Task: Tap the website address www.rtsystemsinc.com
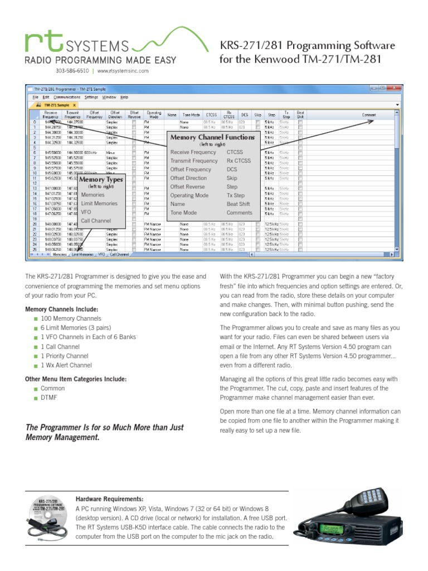click(x=123, y=71)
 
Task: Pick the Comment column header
click(x=369, y=115)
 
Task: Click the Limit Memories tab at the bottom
click(x=81, y=254)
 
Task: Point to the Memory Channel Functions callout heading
click(x=212, y=137)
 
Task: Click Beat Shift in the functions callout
click(x=238, y=204)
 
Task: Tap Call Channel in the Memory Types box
click(x=96, y=221)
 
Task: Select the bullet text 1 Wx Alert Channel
click(x=66, y=365)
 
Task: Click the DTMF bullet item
click(x=48, y=398)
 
